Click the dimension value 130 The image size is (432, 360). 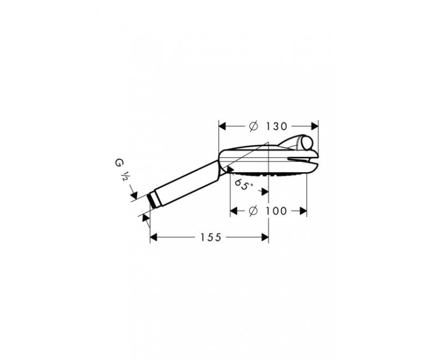point(276,126)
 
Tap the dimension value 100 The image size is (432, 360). point(276,211)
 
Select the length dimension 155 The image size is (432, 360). point(211,237)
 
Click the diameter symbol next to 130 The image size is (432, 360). point(254,126)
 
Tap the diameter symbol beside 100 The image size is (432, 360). point(253,211)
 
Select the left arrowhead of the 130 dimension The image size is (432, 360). point(222,126)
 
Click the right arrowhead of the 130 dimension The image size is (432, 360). point(315,126)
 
